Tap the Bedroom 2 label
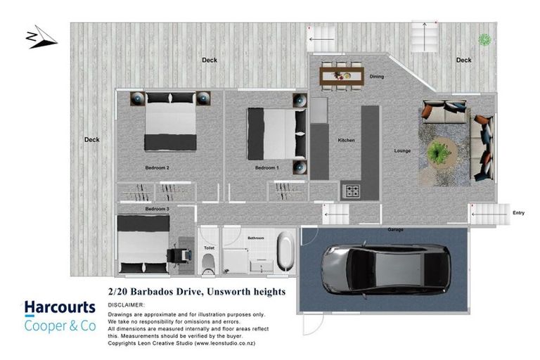coord(157,168)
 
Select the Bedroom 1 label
coord(266,168)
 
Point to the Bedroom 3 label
coord(157,209)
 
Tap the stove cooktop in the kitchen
coord(350,191)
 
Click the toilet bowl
coord(208,264)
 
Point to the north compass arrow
coord(41,36)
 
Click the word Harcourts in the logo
coord(60,307)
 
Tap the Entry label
coord(519,213)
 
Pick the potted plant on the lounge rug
coord(440,151)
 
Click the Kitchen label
coord(346,141)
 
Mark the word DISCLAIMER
coord(127,305)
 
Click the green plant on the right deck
coord(484,39)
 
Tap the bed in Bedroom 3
coord(143,244)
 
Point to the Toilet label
coord(209,247)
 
